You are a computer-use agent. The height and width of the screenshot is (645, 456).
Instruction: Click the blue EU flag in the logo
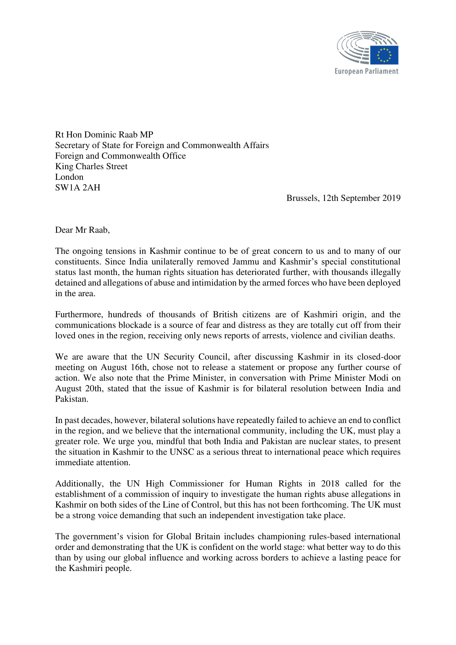click(x=384, y=55)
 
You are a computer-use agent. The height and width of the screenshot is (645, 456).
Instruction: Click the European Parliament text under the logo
click(x=366, y=71)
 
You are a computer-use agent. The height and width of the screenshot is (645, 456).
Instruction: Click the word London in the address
click(x=69, y=177)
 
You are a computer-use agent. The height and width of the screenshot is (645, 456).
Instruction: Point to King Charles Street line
click(x=91, y=166)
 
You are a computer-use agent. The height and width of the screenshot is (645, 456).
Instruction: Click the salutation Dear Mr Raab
click(x=82, y=230)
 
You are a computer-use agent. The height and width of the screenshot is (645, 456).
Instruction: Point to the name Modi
click(x=379, y=378)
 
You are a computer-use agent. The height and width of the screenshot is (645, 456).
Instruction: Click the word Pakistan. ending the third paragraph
click(x=71, y=399)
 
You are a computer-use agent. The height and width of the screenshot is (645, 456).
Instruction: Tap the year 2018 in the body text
click(x=330, y=483)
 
